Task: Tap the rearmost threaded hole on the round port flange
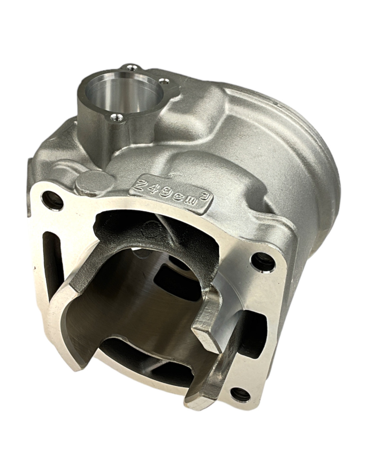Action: [131, 68]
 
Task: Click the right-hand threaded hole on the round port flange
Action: [163, 82]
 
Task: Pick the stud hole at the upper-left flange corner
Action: [51, 200]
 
